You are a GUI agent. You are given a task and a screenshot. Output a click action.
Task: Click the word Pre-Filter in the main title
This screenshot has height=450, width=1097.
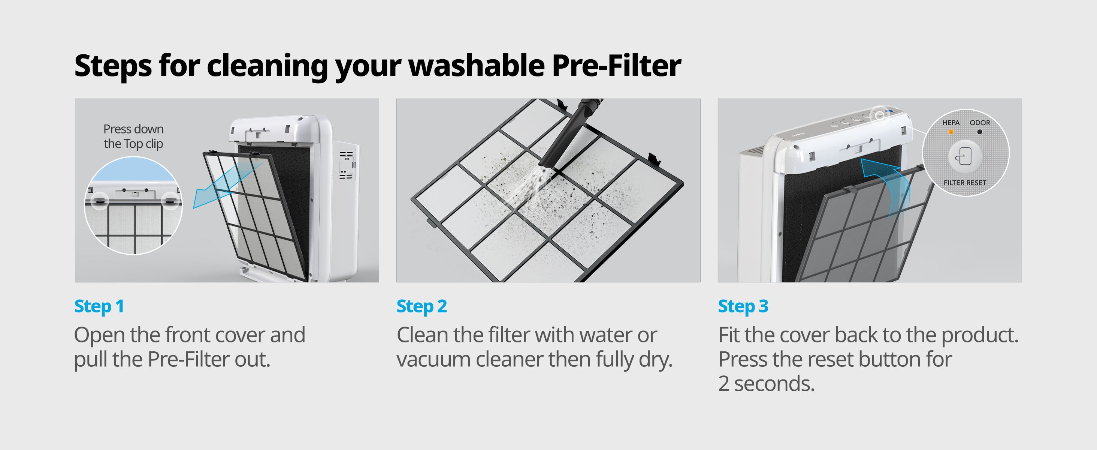click(x=616, y=66)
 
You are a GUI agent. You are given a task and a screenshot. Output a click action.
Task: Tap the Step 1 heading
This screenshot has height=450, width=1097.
click(x=99, y=306)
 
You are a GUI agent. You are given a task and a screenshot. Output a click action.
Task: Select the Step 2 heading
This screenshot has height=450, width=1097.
click(x=421, y=306)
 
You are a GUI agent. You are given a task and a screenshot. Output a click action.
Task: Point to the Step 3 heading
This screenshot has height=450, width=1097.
click(x=743, y=306)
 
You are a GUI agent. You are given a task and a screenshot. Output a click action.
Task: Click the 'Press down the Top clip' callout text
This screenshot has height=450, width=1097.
click(x=133, y=136)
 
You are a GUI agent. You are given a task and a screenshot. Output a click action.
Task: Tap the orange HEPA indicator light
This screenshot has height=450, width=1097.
click(x=951, y=132)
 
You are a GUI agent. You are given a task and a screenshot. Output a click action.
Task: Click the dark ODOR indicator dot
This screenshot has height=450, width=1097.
click(x=979, y=132)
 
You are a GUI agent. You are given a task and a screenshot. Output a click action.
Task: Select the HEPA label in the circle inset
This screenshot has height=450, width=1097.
click(x=951, y=123)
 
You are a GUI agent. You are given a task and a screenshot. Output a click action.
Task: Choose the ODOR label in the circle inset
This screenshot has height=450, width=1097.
click(x=980, y=123)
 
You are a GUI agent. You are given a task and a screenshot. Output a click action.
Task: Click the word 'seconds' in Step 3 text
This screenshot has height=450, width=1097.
click(x=774, y=384)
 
